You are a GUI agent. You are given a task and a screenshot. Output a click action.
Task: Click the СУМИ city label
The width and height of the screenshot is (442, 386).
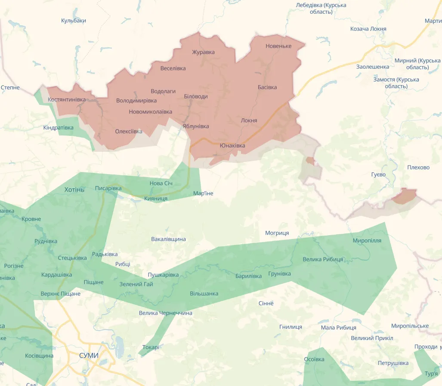click(x=89, y=355)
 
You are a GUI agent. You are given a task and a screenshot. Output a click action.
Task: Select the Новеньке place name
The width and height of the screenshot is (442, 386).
click(x=278, y=46)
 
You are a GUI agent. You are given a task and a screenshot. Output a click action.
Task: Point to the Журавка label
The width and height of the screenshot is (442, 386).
click(x=203, y=52)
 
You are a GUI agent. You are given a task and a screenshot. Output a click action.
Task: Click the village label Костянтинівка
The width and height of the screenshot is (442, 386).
click(x=67, y=99)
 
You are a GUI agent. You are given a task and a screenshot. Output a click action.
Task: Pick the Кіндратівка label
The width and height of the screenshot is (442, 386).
click(x=59, y=128)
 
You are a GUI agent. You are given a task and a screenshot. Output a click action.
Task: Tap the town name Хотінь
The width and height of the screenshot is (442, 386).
click(x=74, y=190)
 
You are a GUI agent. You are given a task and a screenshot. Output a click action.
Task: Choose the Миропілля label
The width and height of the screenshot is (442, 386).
click(x=367, y=240)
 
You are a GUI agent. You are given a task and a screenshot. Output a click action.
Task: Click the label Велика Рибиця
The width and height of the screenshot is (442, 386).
click(x=323, y=259)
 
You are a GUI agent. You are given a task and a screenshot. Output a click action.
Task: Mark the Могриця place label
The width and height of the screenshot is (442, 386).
click(x=277, y=233)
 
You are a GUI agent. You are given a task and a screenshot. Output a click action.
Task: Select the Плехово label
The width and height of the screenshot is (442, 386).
click(x=418, y=167)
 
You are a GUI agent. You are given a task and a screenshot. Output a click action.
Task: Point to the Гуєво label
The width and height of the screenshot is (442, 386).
click(x=378, y=175)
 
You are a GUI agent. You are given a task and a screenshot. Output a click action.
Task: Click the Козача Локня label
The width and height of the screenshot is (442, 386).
click(x=368, y=29)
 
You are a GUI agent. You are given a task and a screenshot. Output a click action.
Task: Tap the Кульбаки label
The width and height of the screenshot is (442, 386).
click(x=74, y=21)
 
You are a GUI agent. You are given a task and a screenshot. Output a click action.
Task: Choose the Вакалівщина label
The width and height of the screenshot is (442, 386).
click(x=168, y=239)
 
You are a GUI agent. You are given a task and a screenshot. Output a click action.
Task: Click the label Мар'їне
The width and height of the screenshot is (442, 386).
click(x=203, y=193)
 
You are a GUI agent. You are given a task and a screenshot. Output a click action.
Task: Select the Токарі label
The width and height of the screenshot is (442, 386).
click(x=151, y=347)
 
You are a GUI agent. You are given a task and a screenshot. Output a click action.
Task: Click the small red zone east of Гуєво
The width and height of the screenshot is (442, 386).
click(x=405, y=196)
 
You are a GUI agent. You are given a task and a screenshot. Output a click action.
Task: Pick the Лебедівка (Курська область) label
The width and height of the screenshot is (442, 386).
click(x=321, y=8)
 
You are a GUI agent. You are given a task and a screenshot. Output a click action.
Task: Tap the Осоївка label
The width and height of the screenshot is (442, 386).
click(x=314, y=359)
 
